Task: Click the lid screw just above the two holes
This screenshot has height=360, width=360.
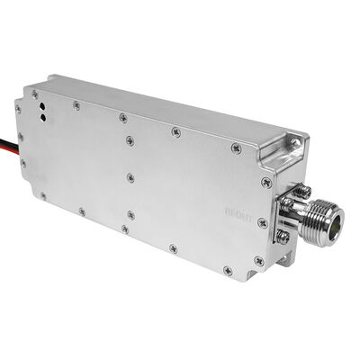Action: [76, 105]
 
